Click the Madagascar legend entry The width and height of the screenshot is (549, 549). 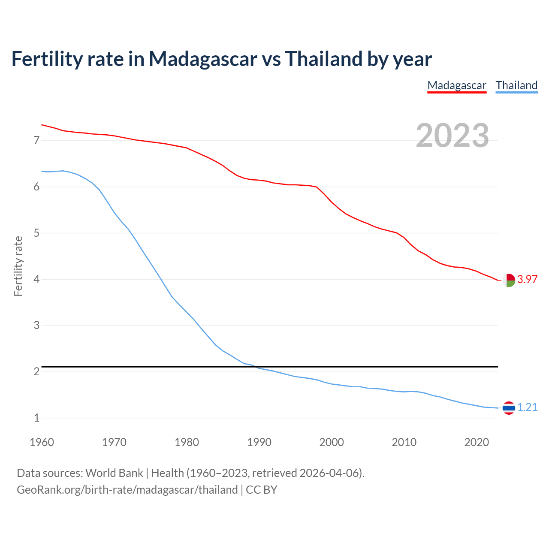click(457, 85)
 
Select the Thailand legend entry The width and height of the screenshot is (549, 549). click(516, 85)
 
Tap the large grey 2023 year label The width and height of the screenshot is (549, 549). click(452, 135)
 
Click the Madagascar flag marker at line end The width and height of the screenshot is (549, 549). click(509, 280)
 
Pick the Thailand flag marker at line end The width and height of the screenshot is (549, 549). click(509, 408)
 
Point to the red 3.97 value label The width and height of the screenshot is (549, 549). click(527, 279)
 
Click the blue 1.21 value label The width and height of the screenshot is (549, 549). click(527, 407)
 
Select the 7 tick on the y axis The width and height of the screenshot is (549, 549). click(36, 140)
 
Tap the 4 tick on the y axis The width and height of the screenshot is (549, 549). click(36, 279)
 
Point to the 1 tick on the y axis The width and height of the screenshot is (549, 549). click(36, 418)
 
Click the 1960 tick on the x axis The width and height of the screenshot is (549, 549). click(42, 442)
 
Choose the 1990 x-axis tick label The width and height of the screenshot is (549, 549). click(259, 442)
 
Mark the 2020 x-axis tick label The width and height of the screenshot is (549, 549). click(477, 442)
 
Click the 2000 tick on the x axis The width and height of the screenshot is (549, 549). click(332, 442)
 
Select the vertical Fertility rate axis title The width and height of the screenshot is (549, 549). click(18, 266)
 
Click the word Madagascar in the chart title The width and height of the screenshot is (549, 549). click(203, 59)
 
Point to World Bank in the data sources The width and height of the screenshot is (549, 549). click(114, 473)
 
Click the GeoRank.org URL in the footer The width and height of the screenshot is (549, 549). click(127, 490)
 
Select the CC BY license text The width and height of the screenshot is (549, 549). click(262, 490)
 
